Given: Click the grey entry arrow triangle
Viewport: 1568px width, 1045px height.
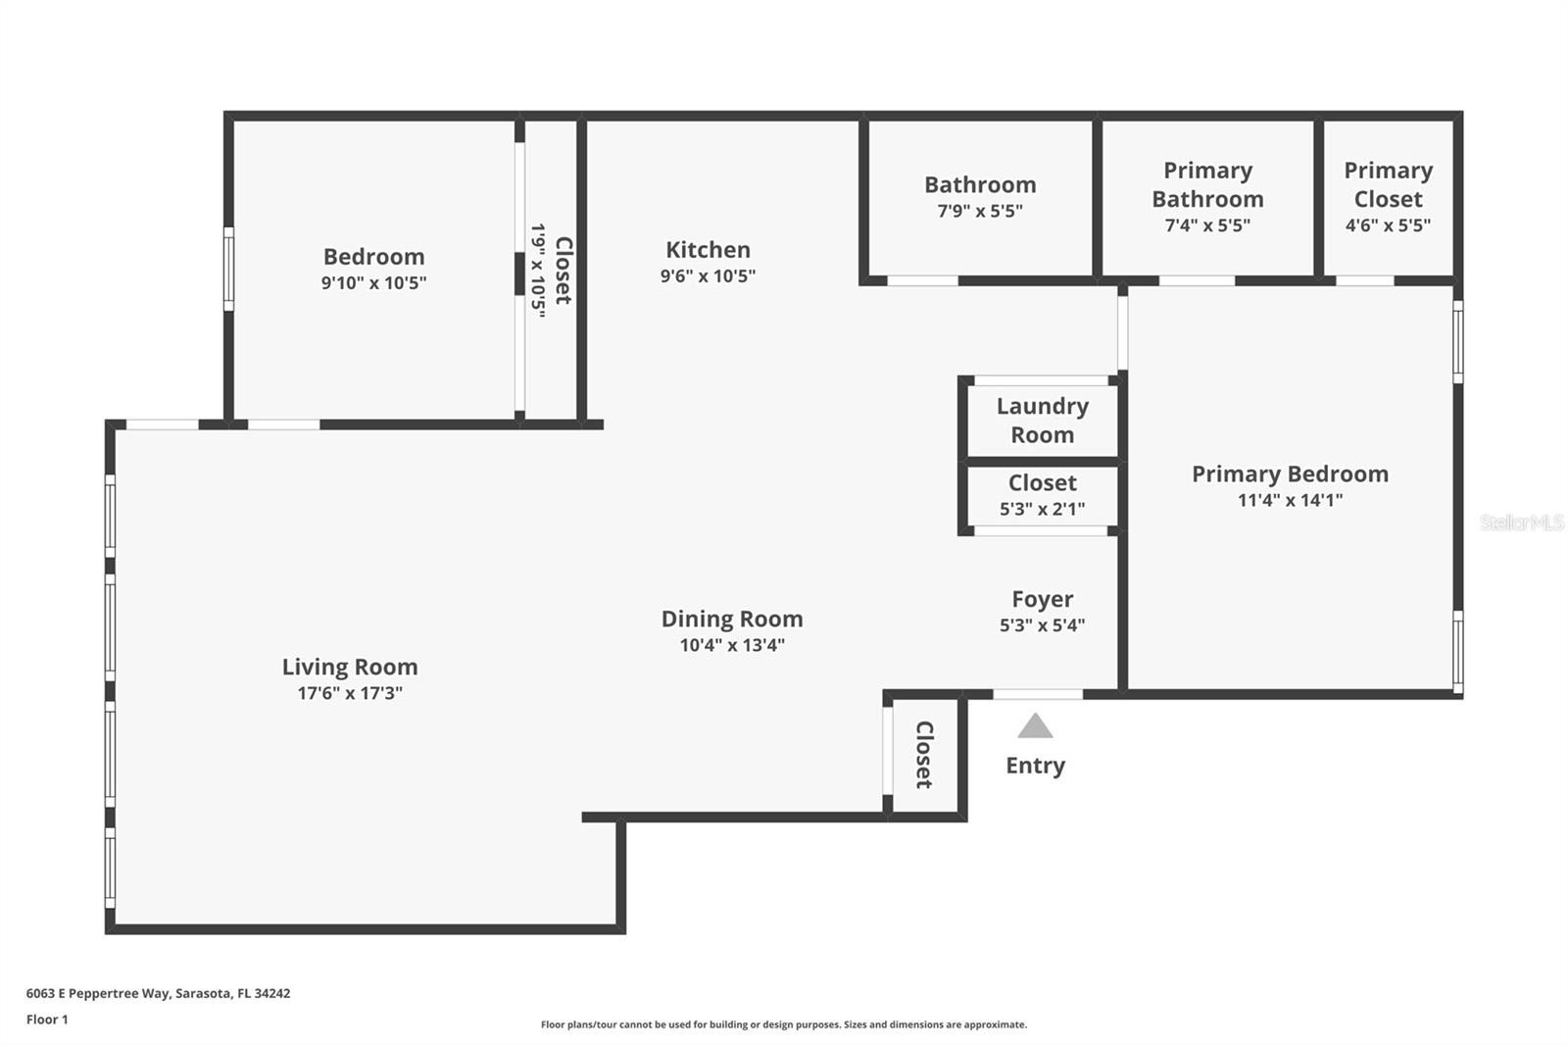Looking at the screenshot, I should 1035,727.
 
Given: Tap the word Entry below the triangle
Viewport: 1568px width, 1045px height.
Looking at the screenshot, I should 1035,766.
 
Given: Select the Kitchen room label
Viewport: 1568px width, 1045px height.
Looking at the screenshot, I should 708,250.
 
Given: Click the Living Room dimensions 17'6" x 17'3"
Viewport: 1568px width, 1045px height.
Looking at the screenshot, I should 350,693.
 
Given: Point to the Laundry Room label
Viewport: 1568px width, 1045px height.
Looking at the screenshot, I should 1042,421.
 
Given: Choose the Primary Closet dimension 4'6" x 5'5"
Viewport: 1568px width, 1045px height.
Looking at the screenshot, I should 1388,224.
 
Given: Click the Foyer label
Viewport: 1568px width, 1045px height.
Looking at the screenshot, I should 1042,599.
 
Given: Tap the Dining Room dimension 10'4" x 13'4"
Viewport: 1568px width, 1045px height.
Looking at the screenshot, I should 732,645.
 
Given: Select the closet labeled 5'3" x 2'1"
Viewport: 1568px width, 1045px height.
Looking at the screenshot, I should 1042,496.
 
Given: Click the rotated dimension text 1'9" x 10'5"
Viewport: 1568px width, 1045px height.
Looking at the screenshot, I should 538,270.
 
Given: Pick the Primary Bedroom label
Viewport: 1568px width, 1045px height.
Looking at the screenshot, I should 1290,474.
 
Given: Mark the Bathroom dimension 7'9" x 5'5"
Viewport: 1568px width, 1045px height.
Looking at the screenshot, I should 980,211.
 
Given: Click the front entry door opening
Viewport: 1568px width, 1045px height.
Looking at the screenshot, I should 1038,694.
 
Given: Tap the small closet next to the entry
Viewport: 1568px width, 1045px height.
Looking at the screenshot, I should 924,755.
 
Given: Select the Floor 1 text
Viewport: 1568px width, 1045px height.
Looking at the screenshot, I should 47,1020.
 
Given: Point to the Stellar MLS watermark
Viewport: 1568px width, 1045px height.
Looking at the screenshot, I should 1521,522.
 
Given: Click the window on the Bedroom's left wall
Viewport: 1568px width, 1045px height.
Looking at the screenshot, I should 228,269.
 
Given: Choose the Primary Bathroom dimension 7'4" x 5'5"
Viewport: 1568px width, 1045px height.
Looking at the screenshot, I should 1207,225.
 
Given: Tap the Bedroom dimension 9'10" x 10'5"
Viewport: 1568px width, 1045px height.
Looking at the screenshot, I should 373,283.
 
